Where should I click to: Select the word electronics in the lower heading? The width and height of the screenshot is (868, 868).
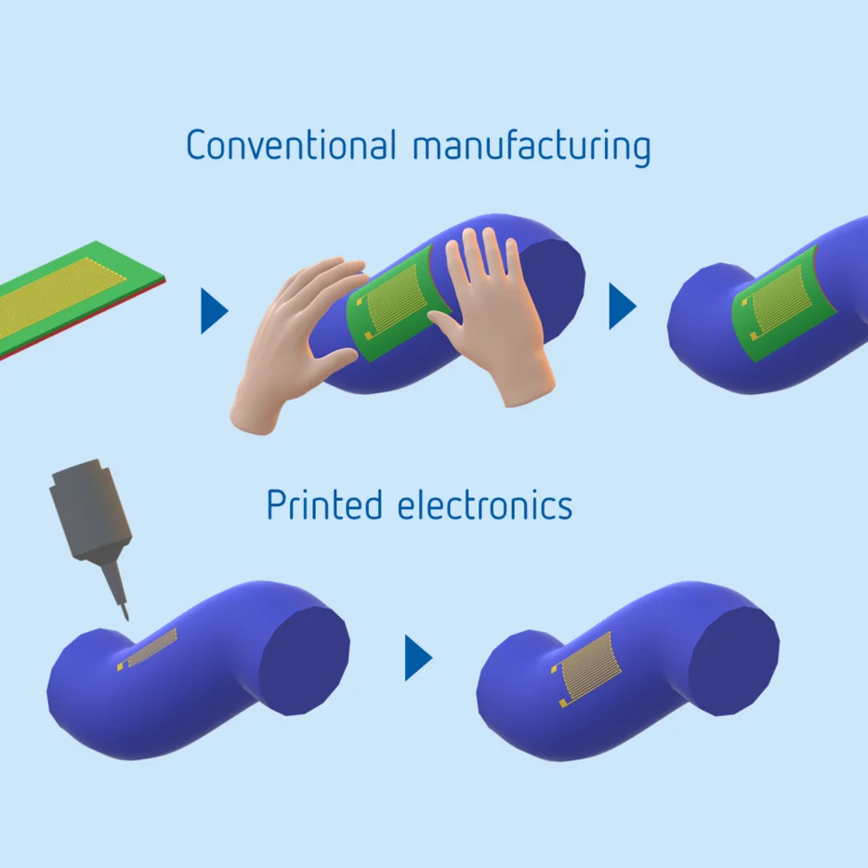pos(485,505)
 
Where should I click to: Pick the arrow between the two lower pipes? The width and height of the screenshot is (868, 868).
pos(418,657)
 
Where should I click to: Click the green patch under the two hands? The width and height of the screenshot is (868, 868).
pos(393,303)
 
